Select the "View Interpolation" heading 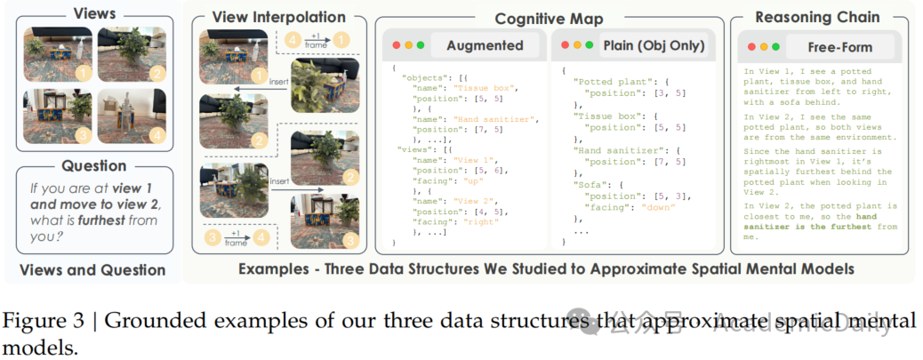point(266,18)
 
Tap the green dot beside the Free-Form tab point(775,45)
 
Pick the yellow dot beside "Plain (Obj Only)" point(576,45)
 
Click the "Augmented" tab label point(484,45)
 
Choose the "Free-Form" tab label point(840,45)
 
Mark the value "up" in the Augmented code point(472,180)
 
